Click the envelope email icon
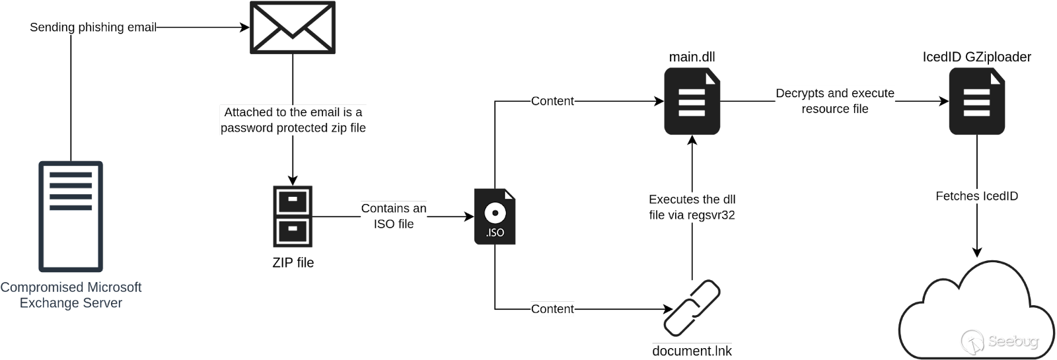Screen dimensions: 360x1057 coord(292,27)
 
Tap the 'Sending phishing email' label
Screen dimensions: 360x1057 coord(93,27)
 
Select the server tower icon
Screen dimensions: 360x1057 coord(71,216)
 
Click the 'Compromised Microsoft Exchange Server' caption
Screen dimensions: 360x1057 coord(71,295)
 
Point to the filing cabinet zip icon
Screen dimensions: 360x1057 coord(292,217)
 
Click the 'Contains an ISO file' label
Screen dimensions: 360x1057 coord(394,216)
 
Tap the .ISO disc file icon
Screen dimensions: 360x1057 coord(495,217)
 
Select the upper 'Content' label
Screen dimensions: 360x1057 coord(552,101)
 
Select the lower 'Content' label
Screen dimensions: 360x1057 coord(552,308)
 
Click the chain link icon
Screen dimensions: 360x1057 coord(691,308)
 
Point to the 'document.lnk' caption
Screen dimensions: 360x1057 coord(692,351)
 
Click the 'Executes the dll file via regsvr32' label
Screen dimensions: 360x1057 coord(692,207)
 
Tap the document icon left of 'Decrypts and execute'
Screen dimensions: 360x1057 coord(692,101)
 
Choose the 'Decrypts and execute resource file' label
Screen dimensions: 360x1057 coord(834,101)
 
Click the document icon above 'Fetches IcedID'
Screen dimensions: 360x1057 coord(976,101)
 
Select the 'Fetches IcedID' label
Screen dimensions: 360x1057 coord(977,196)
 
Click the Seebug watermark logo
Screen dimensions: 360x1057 coord(1000,341)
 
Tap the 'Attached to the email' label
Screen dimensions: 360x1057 coord(293,120)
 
